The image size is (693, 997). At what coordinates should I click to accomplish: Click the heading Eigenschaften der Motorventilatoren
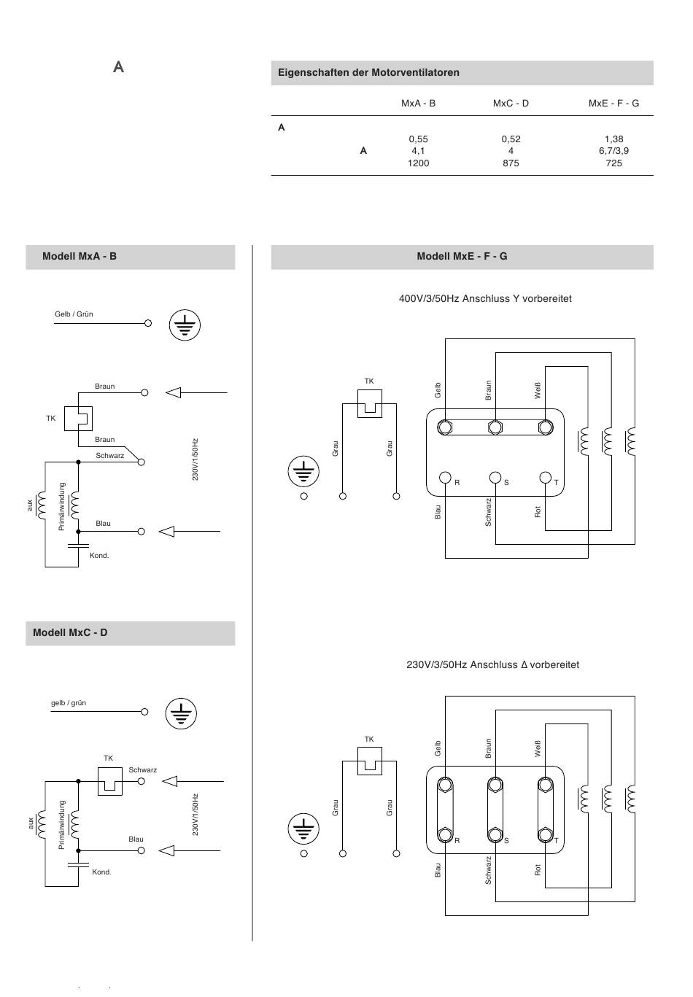point(368,72)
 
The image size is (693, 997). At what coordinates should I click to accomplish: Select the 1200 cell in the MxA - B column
point(418,163)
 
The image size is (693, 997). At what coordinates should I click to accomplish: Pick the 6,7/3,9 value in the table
point(613,151)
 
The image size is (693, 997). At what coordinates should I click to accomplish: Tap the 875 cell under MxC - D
point(511,163)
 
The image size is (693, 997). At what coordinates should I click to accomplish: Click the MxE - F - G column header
point(613,104)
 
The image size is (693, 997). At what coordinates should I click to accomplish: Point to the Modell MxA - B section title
point(80,257)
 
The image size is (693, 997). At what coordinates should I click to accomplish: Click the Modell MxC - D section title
point(70,632)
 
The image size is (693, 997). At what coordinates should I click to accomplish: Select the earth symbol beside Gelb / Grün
point(185,325)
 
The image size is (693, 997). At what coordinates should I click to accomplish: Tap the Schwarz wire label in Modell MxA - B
point(109,456)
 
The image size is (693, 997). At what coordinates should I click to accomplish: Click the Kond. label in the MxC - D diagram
point(101,872)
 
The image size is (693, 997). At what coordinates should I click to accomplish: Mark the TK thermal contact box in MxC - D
point(110,781)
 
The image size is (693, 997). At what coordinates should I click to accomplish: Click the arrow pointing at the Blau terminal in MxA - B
point(189,532)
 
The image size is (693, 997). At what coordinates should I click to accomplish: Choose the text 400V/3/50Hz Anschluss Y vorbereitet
point(485,298)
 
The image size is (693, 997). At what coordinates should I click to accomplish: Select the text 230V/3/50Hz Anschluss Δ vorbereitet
point(492,664)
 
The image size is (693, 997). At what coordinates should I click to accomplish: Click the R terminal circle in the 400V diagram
point(445,478)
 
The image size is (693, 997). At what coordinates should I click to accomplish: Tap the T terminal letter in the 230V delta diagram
point(556,841)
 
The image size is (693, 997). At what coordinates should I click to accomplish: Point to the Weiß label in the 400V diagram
point(538,390)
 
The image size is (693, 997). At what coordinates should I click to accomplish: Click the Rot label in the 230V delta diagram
point(538,869)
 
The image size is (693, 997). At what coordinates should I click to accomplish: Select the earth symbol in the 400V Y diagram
point(303,471)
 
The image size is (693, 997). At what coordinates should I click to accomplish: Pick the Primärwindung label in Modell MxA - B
point(62,506)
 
